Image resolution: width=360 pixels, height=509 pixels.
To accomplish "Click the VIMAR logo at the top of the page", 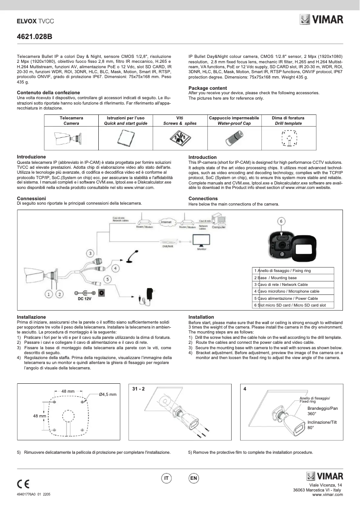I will (321, 20).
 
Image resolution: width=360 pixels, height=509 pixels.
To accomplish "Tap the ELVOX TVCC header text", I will (33, 21).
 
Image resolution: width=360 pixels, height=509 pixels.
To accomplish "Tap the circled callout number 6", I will (281, 221).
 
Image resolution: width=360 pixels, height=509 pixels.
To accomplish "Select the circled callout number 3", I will (90, 254).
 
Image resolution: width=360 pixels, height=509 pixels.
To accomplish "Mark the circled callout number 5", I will (107, 279).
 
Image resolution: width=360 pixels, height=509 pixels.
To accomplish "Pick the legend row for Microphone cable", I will (293, 291).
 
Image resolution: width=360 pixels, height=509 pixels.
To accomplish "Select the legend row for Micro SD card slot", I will (293, 305).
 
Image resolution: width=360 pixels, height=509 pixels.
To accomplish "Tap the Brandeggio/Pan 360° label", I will (322, 412).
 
